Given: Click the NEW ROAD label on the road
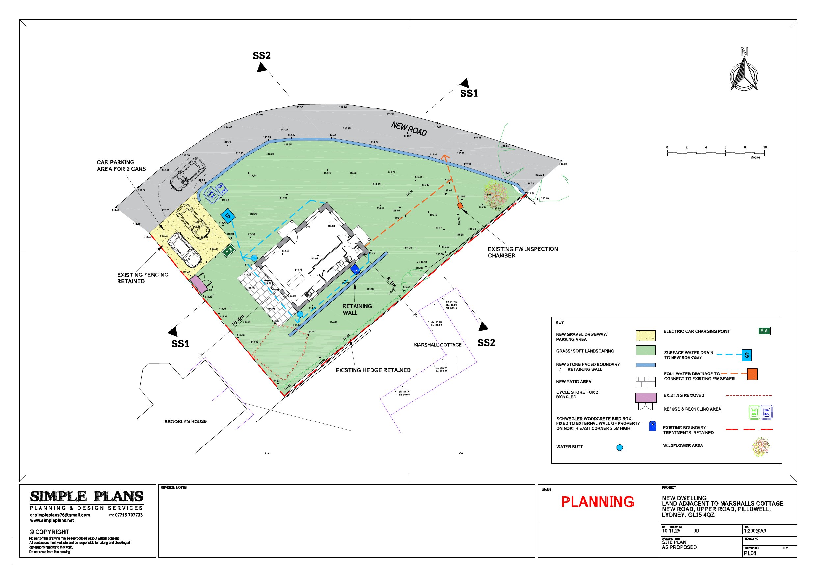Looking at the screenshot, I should (x=409, y=129).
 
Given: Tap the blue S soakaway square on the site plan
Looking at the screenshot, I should (x=228, y=216).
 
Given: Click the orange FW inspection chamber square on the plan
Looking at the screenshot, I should (x=460, y=206).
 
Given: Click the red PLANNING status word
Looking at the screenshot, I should (x=597, y=502).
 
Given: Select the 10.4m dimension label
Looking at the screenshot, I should (x=238, y=320).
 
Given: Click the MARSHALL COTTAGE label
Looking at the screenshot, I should (x=438, y=345).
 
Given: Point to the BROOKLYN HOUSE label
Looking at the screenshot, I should (x=185, y=421).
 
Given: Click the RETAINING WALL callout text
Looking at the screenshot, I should (x=357, y=309).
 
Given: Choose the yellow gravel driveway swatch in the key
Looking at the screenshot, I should (x=646, y=336).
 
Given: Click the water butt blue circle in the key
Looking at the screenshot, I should (x=619, y=447).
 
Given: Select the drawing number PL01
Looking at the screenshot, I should (x=750, y=553).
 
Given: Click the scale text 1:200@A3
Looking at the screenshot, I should (x=754, y=531).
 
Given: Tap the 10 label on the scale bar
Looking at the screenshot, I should (x=765, y=147).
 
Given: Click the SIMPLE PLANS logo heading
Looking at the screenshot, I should (x=87, y=496).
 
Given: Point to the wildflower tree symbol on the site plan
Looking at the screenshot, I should (x=495, y=195).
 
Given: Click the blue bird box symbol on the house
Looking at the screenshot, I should (x=355, y=269).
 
